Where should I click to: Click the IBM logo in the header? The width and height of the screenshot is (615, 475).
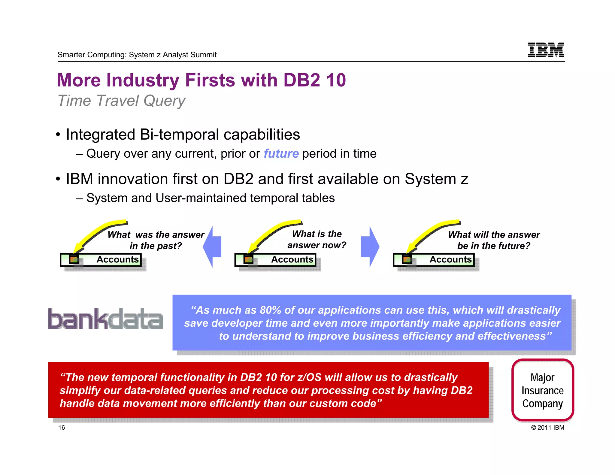point(546,50)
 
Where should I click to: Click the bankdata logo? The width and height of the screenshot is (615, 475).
point(105,319)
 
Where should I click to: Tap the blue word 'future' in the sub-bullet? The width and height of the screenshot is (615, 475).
point(281,154)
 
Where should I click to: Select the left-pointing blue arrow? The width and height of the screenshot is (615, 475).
point(213,247)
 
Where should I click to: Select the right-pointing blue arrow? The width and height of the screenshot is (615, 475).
point(370,247)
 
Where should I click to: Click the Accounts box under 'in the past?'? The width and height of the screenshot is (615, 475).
point(101,260)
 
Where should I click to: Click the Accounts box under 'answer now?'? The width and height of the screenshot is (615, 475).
point(275,260)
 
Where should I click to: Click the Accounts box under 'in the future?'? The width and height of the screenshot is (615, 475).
point(434,260)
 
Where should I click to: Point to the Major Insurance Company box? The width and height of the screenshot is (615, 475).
point(542,390)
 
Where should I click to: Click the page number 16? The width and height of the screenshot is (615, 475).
point(62,428)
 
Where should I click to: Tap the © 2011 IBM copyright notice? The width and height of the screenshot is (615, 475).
point(547,428)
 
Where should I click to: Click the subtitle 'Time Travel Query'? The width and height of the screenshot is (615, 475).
point(121,101)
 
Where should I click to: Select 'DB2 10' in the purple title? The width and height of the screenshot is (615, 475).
point(314,80)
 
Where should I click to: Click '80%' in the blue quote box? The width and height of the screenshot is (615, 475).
point(270,310)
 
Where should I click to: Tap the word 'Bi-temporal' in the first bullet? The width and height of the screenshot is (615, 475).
point(179,135)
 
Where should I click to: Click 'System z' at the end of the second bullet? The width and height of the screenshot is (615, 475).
point(436,179)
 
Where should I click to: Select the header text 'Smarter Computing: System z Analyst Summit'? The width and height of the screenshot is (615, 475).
point(137,55)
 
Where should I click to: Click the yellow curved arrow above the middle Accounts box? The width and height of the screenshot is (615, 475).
point(273,233)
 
